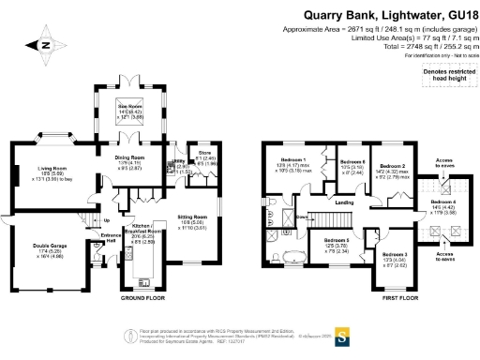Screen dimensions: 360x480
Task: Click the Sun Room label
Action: pyautogui.click(x=128, y=109)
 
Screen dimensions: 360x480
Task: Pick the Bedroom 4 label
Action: pyautogui.click(x=443, y=203)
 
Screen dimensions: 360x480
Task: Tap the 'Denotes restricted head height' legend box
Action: pyautogui.click(x=443, y=75)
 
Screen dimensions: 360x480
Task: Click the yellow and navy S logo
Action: pyautogui.click(x=343, y=333)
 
